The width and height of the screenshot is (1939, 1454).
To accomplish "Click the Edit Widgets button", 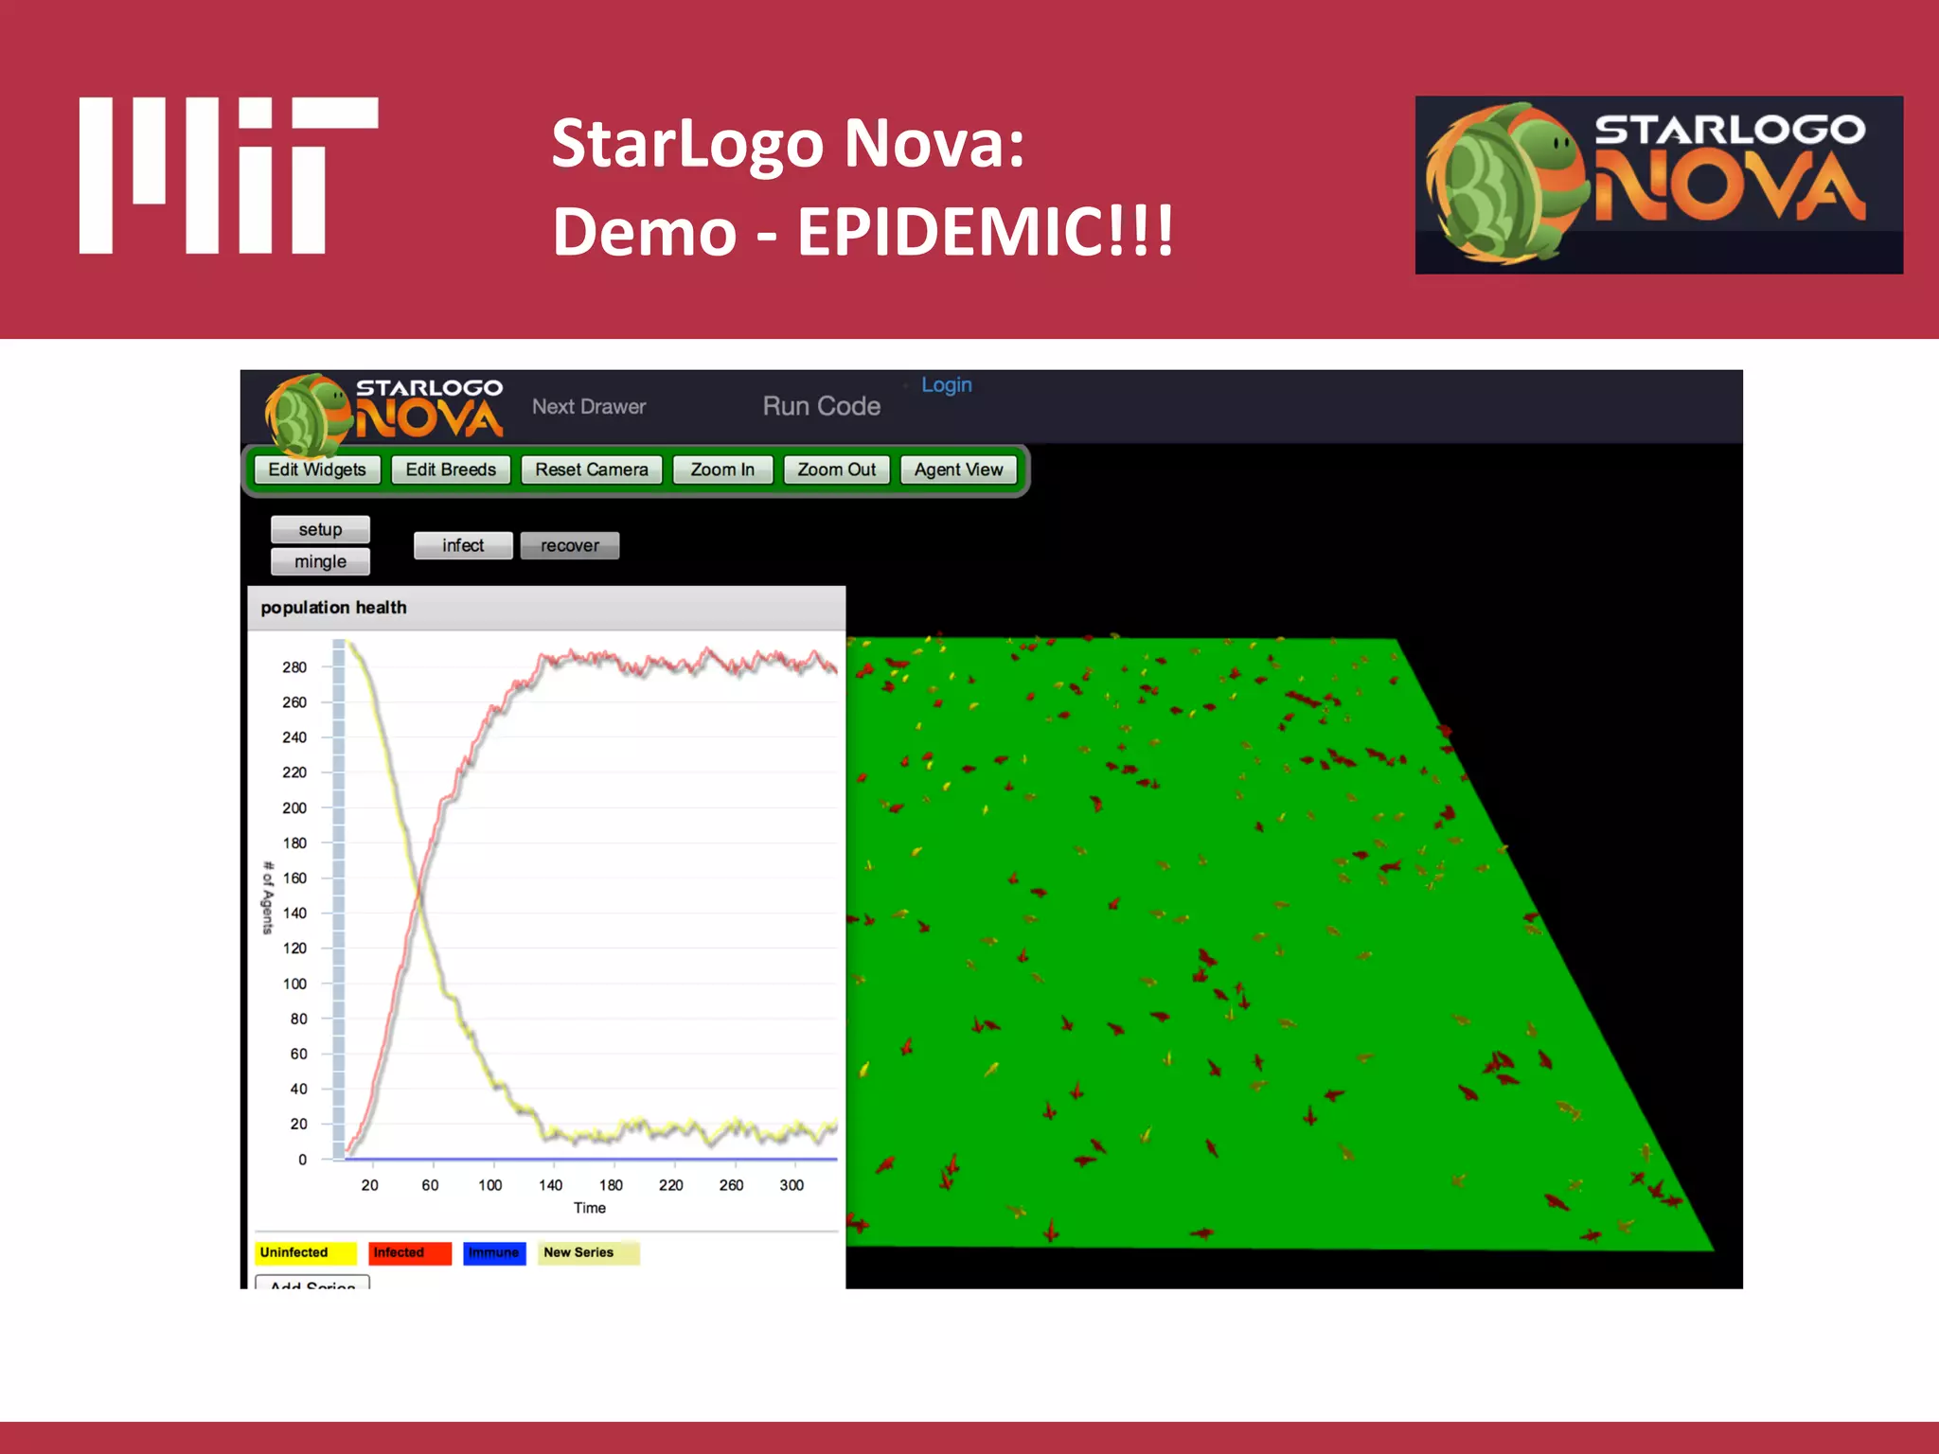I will [317, 470].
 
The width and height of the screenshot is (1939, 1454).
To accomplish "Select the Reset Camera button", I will [591, 470].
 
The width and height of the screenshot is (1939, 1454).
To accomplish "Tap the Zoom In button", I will [722, 470].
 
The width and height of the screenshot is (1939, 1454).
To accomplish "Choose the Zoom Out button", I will [836, 470].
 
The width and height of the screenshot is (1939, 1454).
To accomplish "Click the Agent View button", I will [958, 470].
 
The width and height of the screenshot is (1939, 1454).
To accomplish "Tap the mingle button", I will [320, 561].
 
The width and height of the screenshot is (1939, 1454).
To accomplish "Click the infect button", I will [463, 545].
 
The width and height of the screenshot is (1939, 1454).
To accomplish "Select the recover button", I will [570, 545].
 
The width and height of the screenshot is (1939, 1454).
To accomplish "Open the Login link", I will [946, 385].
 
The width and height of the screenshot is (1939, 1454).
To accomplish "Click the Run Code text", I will [822, 406].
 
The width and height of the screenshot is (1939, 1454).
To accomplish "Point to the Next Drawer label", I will [589, 406].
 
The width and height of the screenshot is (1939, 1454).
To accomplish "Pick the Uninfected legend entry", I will [305, 1252].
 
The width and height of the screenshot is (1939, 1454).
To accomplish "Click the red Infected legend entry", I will [409, 1252].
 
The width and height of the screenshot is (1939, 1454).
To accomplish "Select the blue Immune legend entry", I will [494, 1252].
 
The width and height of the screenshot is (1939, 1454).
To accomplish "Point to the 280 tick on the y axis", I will [294, 667].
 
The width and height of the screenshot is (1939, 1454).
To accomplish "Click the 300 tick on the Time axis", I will [792, 1185].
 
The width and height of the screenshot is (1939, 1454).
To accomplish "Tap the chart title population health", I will [333, 608].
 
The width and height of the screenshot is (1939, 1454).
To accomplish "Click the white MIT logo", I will [228, 175].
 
